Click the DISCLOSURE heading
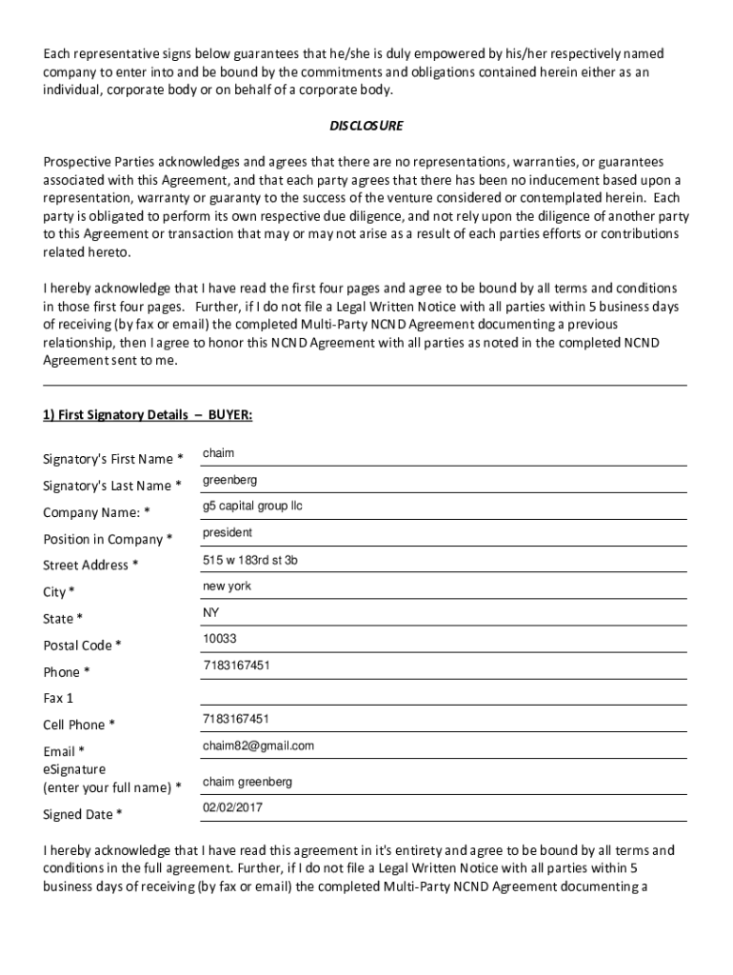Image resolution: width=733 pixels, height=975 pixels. click(366, 126)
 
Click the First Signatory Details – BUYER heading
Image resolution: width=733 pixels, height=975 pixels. click(148, 415)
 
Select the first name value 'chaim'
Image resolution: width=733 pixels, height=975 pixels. click(218, 453)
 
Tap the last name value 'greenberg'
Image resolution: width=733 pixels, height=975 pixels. click(229, 480)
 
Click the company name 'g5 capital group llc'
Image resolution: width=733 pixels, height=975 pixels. click(252, 507)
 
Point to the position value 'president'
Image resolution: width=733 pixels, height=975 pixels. click(228, 533)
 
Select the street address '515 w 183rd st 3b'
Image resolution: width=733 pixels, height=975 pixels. click(249, 560)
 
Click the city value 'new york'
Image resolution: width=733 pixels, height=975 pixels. click(227, 587)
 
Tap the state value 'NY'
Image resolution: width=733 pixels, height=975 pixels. click(210, 613)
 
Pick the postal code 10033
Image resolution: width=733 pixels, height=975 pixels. click(219, 639)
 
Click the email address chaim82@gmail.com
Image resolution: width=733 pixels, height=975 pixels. click(258, 746)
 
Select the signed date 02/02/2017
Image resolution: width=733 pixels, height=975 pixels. click(232, 807)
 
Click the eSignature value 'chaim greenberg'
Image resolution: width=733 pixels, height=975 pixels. click(248, 782)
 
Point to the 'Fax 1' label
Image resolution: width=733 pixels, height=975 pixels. click(58, 698)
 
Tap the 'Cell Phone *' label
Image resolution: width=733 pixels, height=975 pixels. click(79, 725)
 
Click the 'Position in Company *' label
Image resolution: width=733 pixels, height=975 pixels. click(108, 539)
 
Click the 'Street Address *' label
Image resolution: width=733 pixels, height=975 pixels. click(90, 565)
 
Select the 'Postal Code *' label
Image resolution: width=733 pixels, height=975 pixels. click(82, 646)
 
